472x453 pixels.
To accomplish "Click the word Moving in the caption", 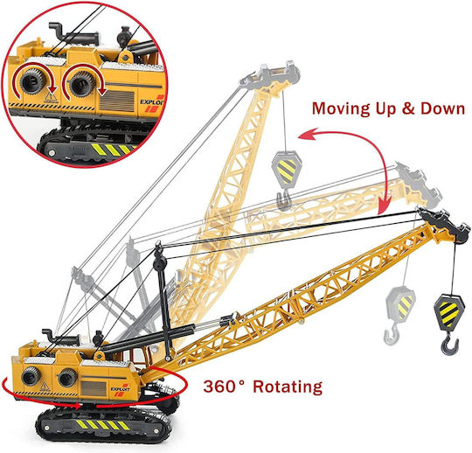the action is [x=341, y=108].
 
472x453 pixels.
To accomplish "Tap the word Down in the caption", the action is [x=442, y=108].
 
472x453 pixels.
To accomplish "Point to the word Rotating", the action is [x=288, y=387].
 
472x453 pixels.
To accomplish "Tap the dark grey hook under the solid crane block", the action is [x=450, y=345].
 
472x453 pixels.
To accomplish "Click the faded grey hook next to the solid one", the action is [x=392, y=334].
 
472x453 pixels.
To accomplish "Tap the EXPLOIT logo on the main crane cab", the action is [x=120, y=389].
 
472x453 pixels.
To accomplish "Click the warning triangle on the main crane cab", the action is [x=45, y=386].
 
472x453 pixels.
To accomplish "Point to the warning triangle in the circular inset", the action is [x=51, y=97].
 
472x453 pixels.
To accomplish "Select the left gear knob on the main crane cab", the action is [x=31, y=375].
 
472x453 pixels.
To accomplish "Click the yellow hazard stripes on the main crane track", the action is [x=102, y=425].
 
